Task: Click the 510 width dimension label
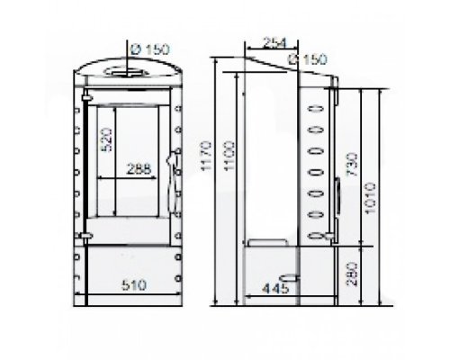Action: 134,284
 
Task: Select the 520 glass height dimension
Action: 106,139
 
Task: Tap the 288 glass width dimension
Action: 139,169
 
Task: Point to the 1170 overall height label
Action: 206,156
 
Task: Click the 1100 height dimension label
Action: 229,156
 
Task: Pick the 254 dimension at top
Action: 274,43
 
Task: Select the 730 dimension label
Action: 352,165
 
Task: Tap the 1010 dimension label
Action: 370,198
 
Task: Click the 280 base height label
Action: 352,274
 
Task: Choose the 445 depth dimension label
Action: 275,289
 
